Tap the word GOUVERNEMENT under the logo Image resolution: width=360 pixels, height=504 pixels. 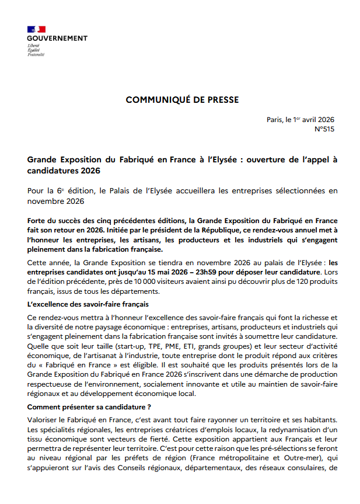pos(57,38)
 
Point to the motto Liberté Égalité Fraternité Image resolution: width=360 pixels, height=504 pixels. pos(36,50)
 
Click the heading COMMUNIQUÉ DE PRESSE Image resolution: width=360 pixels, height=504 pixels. pos(182,100)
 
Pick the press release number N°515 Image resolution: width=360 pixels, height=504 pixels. pos(324,129)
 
